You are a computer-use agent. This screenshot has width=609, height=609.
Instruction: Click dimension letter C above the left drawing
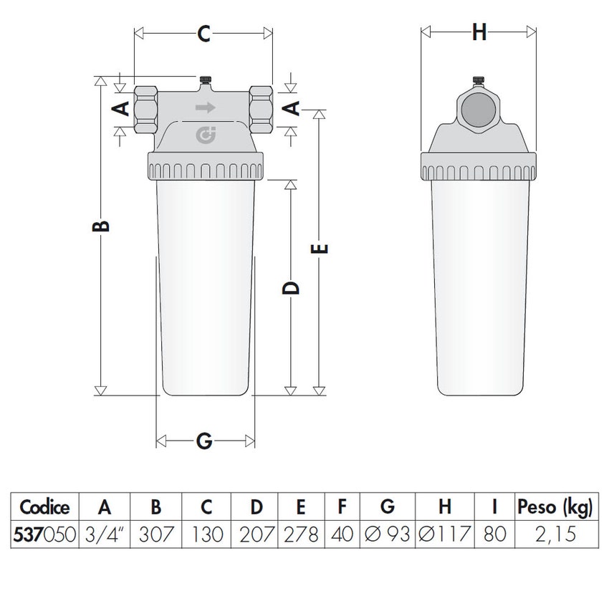(204, 33)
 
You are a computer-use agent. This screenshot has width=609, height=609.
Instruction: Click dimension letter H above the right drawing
(479, 33)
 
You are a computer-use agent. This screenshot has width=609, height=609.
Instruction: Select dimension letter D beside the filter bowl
(290, 288)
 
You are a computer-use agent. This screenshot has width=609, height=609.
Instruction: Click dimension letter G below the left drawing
(204, 441)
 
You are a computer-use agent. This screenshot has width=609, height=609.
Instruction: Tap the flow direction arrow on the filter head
(205, 108)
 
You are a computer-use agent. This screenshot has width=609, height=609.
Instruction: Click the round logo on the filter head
(205, 134)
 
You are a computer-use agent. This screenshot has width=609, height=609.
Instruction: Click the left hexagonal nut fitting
(145, 108)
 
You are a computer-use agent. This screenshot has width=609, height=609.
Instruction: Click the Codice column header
(45, 508)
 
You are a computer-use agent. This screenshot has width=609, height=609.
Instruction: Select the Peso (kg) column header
(555, 508)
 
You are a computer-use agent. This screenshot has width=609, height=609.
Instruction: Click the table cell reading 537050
(45, 534)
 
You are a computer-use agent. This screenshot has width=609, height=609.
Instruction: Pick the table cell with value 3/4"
(105, 534)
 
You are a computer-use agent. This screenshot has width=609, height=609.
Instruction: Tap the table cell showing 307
(155, 534)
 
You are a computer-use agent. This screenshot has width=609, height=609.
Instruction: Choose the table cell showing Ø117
(444, 534)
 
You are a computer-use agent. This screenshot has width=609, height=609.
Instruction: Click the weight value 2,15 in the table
(555, 534)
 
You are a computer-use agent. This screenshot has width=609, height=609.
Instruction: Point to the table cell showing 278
(301, 534)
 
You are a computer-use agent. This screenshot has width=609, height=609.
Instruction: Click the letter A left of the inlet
(122, 108)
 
